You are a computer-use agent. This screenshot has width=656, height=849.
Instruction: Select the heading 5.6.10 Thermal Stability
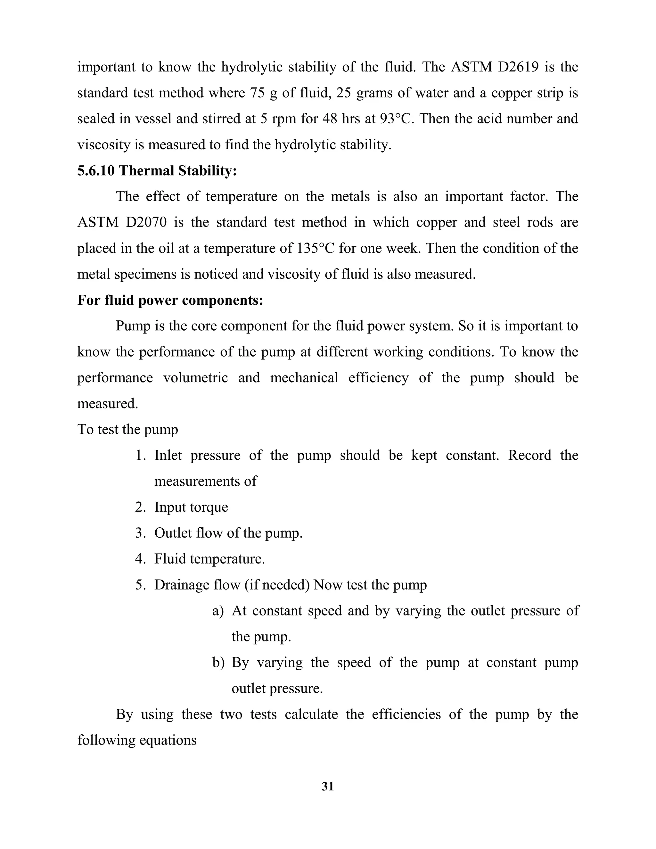pos(157,171)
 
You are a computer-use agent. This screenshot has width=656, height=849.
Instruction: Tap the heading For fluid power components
pos(170,300)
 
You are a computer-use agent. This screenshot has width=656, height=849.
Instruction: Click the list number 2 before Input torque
pos(140,507)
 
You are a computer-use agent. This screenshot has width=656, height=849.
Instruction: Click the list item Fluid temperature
pos(209,559)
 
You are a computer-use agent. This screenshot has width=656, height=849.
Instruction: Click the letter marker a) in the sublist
pos(218,611)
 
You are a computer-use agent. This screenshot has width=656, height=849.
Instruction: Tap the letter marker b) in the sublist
pos(218,663)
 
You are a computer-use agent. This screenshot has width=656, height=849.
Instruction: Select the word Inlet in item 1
pos(168,455)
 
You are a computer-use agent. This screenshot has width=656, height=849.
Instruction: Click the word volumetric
pos(195,378)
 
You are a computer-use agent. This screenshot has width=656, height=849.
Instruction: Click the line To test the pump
pos(128,430)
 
